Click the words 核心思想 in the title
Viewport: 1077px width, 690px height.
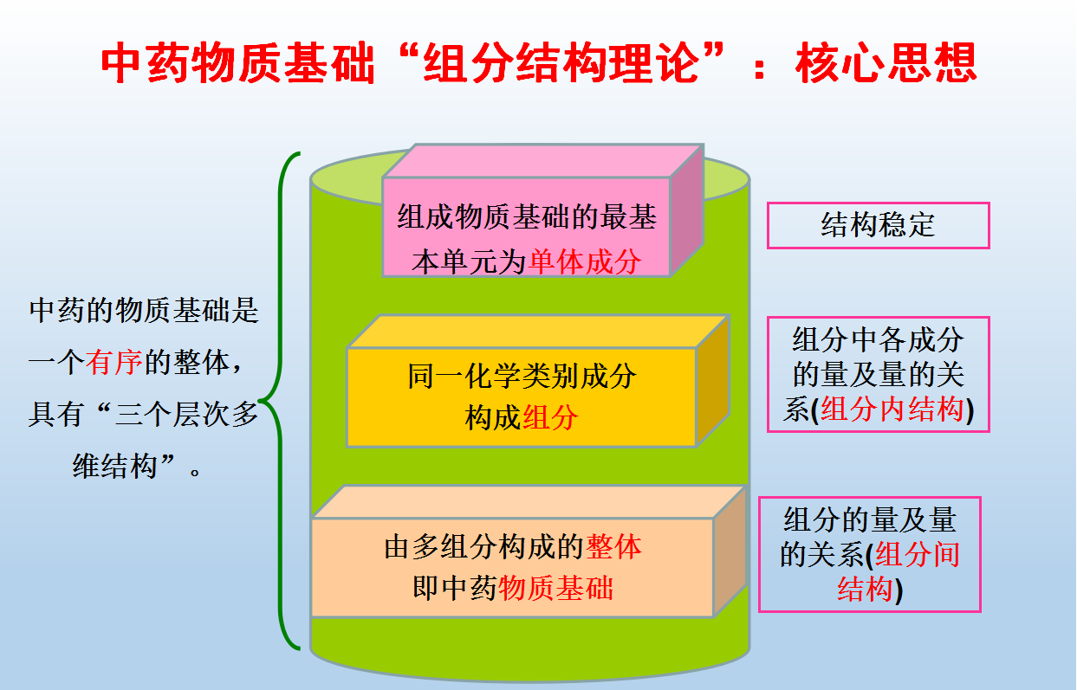pyautogui.click(x=886, y=62)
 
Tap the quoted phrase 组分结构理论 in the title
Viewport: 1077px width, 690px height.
pyautogui.click(x=561, y=62)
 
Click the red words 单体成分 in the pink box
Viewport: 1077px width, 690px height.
pyautogui.click(x=585, y=261)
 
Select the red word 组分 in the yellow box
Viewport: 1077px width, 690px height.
pyautogui.click(x=549, y=416)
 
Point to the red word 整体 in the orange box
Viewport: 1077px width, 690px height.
pyautogui.click(x=614, y=547)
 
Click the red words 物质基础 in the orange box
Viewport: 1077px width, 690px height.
pyautogui.click(x=555, y=588)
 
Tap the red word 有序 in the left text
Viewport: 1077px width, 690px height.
pyautogui.click(x=114, y=362)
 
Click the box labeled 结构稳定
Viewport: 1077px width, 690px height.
pyautogui.click(x=878, y=225)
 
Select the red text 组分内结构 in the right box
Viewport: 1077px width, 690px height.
pyautogui.click(x=892, y=409)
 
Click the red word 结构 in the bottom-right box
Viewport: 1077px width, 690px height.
pyautogui.click(x=865, y=589)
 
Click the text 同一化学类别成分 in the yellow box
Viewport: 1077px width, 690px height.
pyautogui.click(x=522, y=376)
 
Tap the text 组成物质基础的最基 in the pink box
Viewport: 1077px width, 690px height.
pyautogui.click(x=527, y=216)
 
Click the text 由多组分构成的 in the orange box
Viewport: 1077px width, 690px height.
pyautogui.click(x=484, y=547)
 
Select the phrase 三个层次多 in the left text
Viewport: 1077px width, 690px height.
pyautogui.click(x=186, y=414)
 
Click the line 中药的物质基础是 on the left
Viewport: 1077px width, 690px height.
pyautogui.click(x=144, y=311)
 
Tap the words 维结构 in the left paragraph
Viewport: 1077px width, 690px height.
pyautogui.click(x=115, y=466)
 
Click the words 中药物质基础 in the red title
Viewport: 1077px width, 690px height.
pyautogui.click(x=237, y=62)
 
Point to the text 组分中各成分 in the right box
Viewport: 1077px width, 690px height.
pyautogui.click(x=878, y=339)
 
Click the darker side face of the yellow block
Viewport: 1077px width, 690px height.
pyautogui.click(x=712, y=381)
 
